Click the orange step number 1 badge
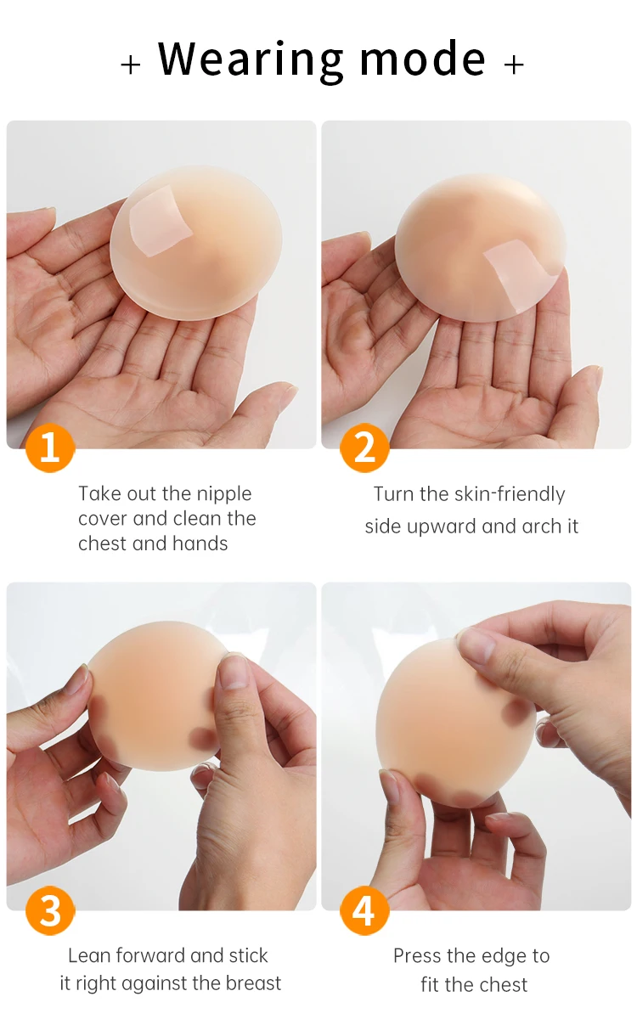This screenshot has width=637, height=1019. [x=50, y=448]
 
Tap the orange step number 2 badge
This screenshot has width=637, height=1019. [x=364, y=448]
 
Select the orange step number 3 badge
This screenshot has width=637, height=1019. [x=50, y=910]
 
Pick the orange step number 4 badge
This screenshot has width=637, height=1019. [x=364, y=910]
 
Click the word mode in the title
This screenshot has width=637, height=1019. [x=423, y=59]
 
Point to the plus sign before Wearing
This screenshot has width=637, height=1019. [x=131, y=65]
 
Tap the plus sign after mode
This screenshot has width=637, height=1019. [x=514, y=65]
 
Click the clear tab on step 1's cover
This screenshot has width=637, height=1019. [x=161, y=222]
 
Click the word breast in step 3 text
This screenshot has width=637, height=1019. [x=253, y=983]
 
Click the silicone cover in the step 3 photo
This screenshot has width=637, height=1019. [x=155, y=696]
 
